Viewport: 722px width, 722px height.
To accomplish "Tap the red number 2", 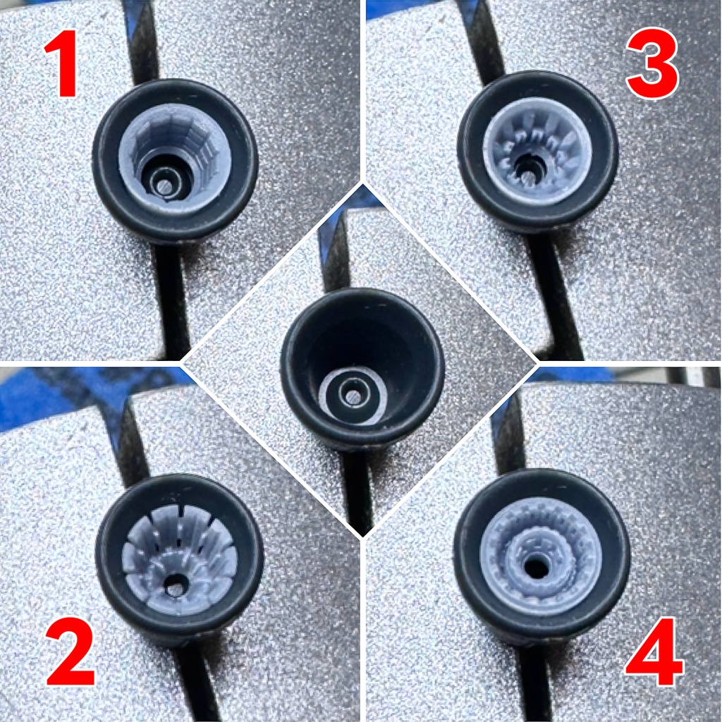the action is tap(71, 652).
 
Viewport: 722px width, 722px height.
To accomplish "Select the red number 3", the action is tap(652, 63).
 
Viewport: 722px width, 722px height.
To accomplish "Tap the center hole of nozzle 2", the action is tap(176, 585).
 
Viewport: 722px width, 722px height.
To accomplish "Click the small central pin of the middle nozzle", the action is tap(354, 396).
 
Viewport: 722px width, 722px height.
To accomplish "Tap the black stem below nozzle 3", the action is tap(554, 295).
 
